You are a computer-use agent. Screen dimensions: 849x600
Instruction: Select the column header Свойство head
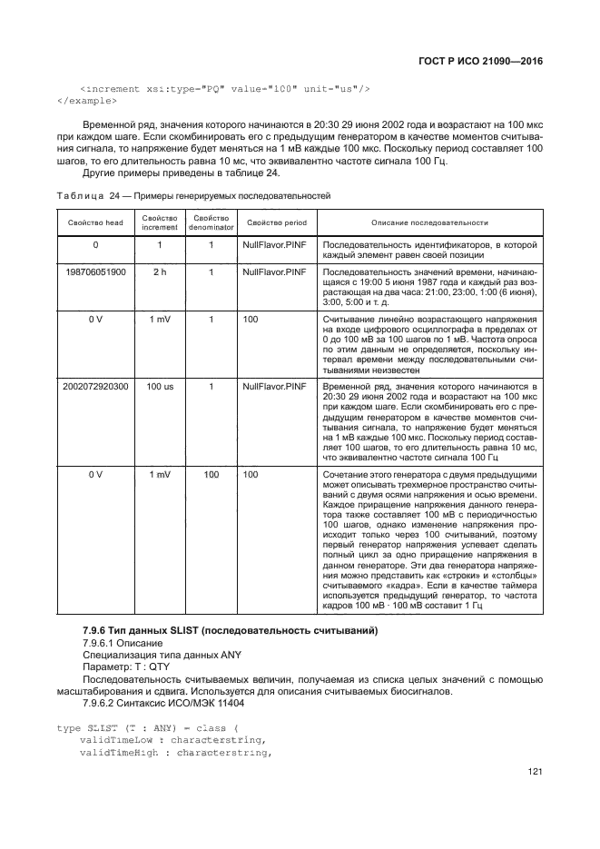click(95, 222)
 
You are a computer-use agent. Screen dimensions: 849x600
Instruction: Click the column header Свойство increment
click(160, 222)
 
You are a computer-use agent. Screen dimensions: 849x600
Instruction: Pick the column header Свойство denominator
click(211, 222)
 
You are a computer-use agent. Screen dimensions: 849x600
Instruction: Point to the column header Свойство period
click(277, 222)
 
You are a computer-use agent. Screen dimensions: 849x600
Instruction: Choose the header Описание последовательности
click(429, 222)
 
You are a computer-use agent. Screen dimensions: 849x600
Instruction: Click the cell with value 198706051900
click(95, 271)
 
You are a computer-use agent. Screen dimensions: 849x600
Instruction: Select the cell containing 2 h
click(160, 271)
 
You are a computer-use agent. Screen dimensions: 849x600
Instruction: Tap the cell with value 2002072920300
click(95, 386)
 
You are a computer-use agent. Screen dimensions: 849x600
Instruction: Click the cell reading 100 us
click(160, 386)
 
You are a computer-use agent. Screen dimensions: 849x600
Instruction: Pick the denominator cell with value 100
click(211, 474)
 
